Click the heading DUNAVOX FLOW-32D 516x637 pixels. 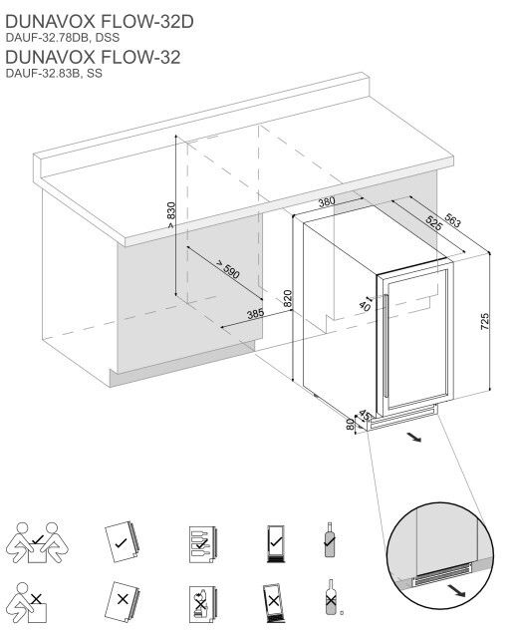pyautogui.click(x=100, y=22)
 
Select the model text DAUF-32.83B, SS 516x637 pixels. pyautogui.click(x=54, y=74)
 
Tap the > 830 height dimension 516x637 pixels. pyautogui.click(x=171, y=215)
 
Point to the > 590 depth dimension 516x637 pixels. pyautogui.click(x=228, y=269)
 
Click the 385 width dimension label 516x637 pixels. pyautogui.click(x=255, y=314)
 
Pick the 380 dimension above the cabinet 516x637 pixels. pyautogui.click(x=327, y=201)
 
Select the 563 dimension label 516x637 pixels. pyautogui.click(x=452, y=220)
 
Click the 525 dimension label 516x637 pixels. pyautogui.click(x=433, y=223)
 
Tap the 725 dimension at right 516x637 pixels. pyautogui.click(x=485, y=321)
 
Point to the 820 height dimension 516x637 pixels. pyautogui.click(x=288, y=299)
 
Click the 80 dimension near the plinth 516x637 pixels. pyautogui.click(x=350, y=425)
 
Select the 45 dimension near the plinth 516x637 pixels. pyautogui.click(x=365, y=416)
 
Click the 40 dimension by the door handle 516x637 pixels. pyautogui.click(x=365, y=305)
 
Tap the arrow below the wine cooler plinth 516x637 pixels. pyautogui.click(x=414, y=437)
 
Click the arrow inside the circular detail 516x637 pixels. pyautogui.click(x=456, y=589)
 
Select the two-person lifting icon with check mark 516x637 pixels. pyautogui.click(x=37, y=542)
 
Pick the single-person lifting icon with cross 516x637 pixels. pyautogui.click(x=28, y=602)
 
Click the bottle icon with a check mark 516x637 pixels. pyautogui.click(x=330, y=539)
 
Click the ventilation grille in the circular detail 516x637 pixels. pyautogui.click(x=441, y=574)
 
